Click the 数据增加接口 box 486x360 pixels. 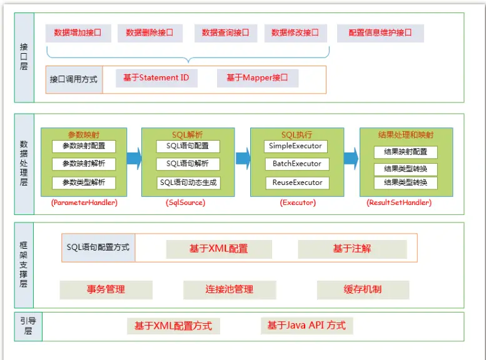pos(78,33)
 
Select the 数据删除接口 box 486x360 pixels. pos(149,33)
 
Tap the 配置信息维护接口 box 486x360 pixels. pos(380,33)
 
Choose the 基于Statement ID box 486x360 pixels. pos(156,78)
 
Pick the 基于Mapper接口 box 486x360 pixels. pos(257,78)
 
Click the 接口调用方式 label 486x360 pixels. pos(74,80)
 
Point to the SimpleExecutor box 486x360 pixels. pos(295,146)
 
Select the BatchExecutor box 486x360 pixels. pos(295,164)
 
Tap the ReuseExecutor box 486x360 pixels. pos(295,182)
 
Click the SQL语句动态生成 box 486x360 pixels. pos(188,182)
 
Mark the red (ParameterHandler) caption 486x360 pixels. pos(84,202)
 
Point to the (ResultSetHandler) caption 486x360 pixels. pos(398,202)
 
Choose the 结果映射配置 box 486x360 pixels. pos(405,152)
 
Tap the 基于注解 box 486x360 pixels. pos(352,249)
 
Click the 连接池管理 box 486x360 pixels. pos(230,290)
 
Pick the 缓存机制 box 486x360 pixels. pos(363,290)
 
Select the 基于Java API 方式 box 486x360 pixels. pos(306,326)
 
